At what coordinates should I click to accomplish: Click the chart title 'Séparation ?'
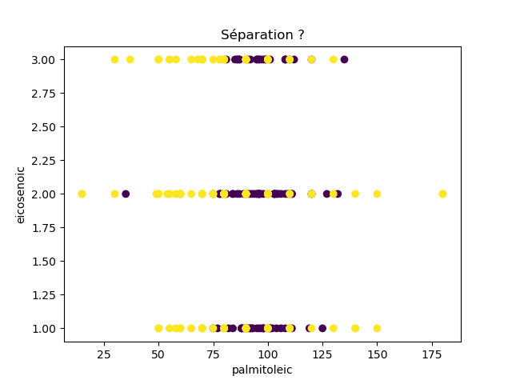[262, 35]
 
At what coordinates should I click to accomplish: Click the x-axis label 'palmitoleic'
[262, 370]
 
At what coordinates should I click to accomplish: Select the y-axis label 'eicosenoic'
[22, 194]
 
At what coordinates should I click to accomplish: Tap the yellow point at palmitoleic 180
[442, 194]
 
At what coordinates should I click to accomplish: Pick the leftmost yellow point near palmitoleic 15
[82, 194]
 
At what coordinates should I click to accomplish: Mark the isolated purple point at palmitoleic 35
[126, 194]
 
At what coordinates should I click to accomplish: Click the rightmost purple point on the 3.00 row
[344, 59]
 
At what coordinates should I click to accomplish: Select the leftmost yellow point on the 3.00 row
[114, 59]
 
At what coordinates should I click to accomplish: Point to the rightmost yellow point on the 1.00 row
[377, 328]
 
